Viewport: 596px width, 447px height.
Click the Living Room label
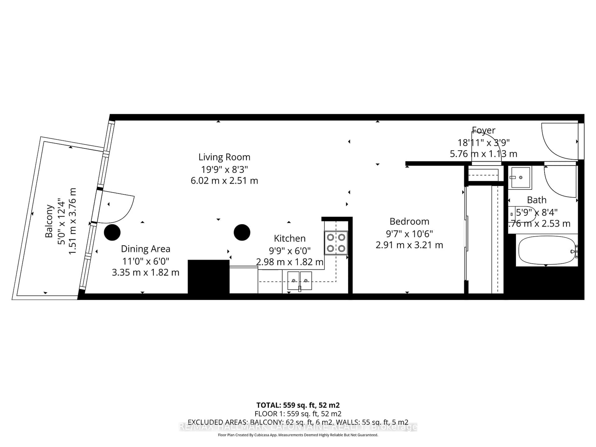click(x=224, y=157)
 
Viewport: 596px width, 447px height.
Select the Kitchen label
click(x=290, y=238)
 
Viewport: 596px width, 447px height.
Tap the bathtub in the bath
click(x=546, y=251)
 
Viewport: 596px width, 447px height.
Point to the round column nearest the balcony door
click(x=112, y=232)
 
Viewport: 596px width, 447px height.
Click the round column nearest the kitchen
click(x=242, y=232)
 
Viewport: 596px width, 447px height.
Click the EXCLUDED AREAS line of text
click(x=298, y=422)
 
